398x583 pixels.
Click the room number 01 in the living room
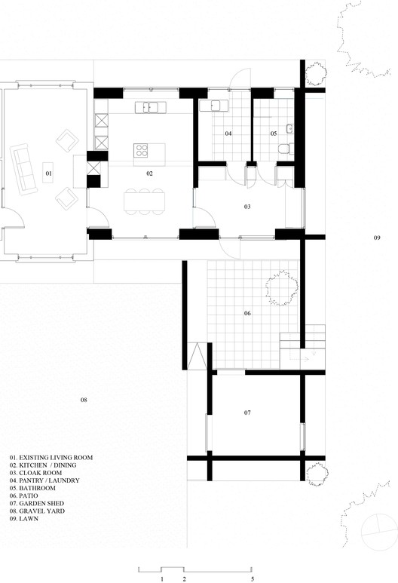point(49,173)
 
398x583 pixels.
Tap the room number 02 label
point(149,173)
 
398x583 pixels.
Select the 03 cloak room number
point(247,207)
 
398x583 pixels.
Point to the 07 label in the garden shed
point(247,413)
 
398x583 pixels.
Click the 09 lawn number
point(377,238)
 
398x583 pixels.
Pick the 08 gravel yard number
point(84,400)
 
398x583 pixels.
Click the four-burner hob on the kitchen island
point(141,150)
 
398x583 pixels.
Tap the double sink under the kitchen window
point(151,107)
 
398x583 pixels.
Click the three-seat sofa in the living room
point(23,169)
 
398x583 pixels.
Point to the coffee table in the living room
point(47,173)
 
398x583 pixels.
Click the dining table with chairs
point(144,201)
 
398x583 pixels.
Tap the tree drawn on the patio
point(282,287)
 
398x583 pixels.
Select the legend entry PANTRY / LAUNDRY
point(44,480)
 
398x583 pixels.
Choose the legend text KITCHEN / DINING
point(43,465)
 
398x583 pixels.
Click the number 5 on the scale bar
point(253,579)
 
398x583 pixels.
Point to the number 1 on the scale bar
point(162,579)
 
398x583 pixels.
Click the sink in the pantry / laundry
point(213,106)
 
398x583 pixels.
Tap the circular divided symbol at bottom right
point(379,532)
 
